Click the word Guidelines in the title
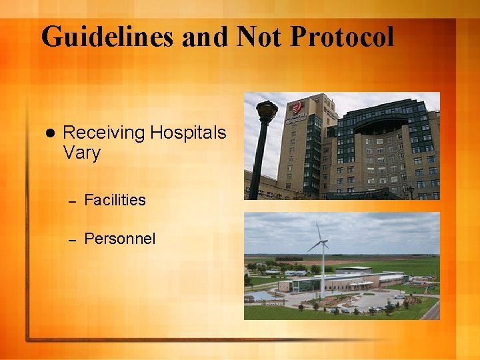(107, 37)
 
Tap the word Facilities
(115, 200)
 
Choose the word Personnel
(120, 239)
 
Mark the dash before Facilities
(73, 201)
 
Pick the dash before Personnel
(73, 239)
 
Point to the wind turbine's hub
(323, 243)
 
